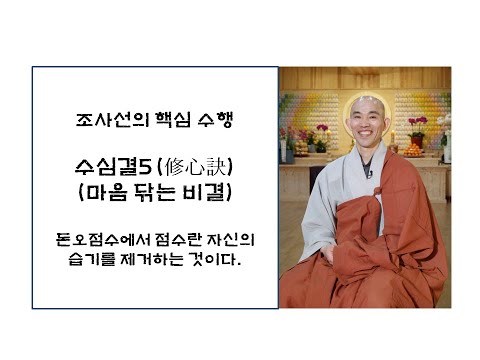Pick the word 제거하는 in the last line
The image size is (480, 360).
pos(138,260)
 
